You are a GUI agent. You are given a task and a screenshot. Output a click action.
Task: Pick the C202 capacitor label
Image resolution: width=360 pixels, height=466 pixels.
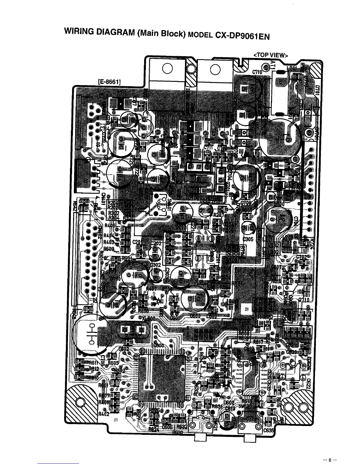point(156,244)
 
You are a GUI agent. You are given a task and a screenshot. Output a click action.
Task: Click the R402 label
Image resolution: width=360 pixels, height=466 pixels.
point(104,414)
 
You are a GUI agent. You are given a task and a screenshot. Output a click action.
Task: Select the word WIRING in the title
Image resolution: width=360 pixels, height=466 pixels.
point(80,31)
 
